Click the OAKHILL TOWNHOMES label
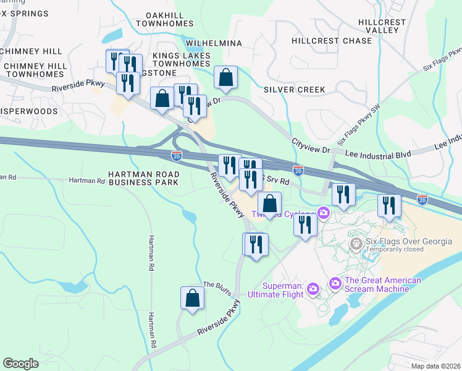point(169,19)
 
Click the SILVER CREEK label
point(294,90)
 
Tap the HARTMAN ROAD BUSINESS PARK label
point(143,179)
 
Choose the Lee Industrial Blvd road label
point(377,152)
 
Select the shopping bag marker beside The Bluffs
point(193,297)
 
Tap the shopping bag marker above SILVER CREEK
point(227,78)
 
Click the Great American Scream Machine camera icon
point(335,283)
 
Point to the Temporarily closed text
point(395,250)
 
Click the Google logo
point(20,364)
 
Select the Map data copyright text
point(435,366)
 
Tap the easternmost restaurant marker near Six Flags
point(389,205)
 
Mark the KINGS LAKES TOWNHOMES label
point(182,59)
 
